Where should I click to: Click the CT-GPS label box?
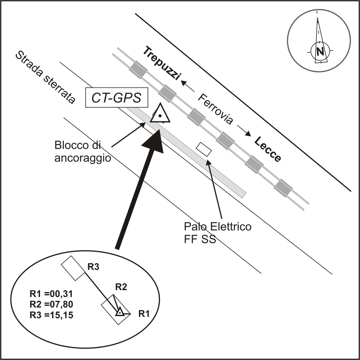click(116, 98)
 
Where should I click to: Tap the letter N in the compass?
click(320, 51)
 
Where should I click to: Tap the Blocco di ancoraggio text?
click(83, 152)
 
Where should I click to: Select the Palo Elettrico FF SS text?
click(218, 232)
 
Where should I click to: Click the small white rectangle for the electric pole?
click(204, 149)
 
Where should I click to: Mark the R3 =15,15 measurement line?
click(51, 315)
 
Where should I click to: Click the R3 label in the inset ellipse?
click(93, 267)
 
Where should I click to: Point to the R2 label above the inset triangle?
click(121, 287)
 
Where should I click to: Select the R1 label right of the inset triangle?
click(144, 314)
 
